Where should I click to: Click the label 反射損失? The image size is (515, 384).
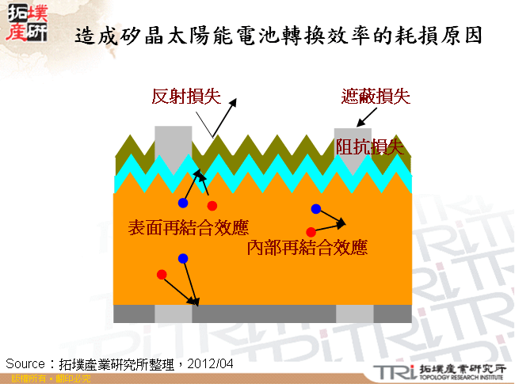pos(186,97)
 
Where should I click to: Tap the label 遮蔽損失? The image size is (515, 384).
pos(375,97)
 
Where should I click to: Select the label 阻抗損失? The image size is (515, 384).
pos(370,146)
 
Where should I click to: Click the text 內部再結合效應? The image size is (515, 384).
pos(307,248)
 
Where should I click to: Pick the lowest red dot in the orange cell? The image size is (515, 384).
pos(162,275)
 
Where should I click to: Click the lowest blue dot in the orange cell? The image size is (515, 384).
pos(183,259)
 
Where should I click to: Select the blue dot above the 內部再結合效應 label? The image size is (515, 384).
pos(315,209)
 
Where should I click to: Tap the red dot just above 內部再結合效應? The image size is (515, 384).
pos(311,232)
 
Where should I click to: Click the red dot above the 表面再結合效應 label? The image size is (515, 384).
pos(212,206)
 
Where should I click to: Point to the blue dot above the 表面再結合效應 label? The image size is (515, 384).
pos(183,203)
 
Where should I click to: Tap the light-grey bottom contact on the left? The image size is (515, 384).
pos(174,314)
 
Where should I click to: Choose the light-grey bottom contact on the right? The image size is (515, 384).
pos(354,314)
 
